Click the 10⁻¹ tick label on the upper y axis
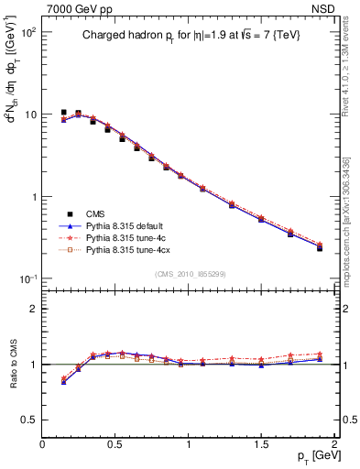27,279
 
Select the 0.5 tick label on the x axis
115,443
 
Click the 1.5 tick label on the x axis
261,443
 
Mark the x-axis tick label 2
334,443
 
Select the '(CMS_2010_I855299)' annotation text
188,273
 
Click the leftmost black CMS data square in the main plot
63,113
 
